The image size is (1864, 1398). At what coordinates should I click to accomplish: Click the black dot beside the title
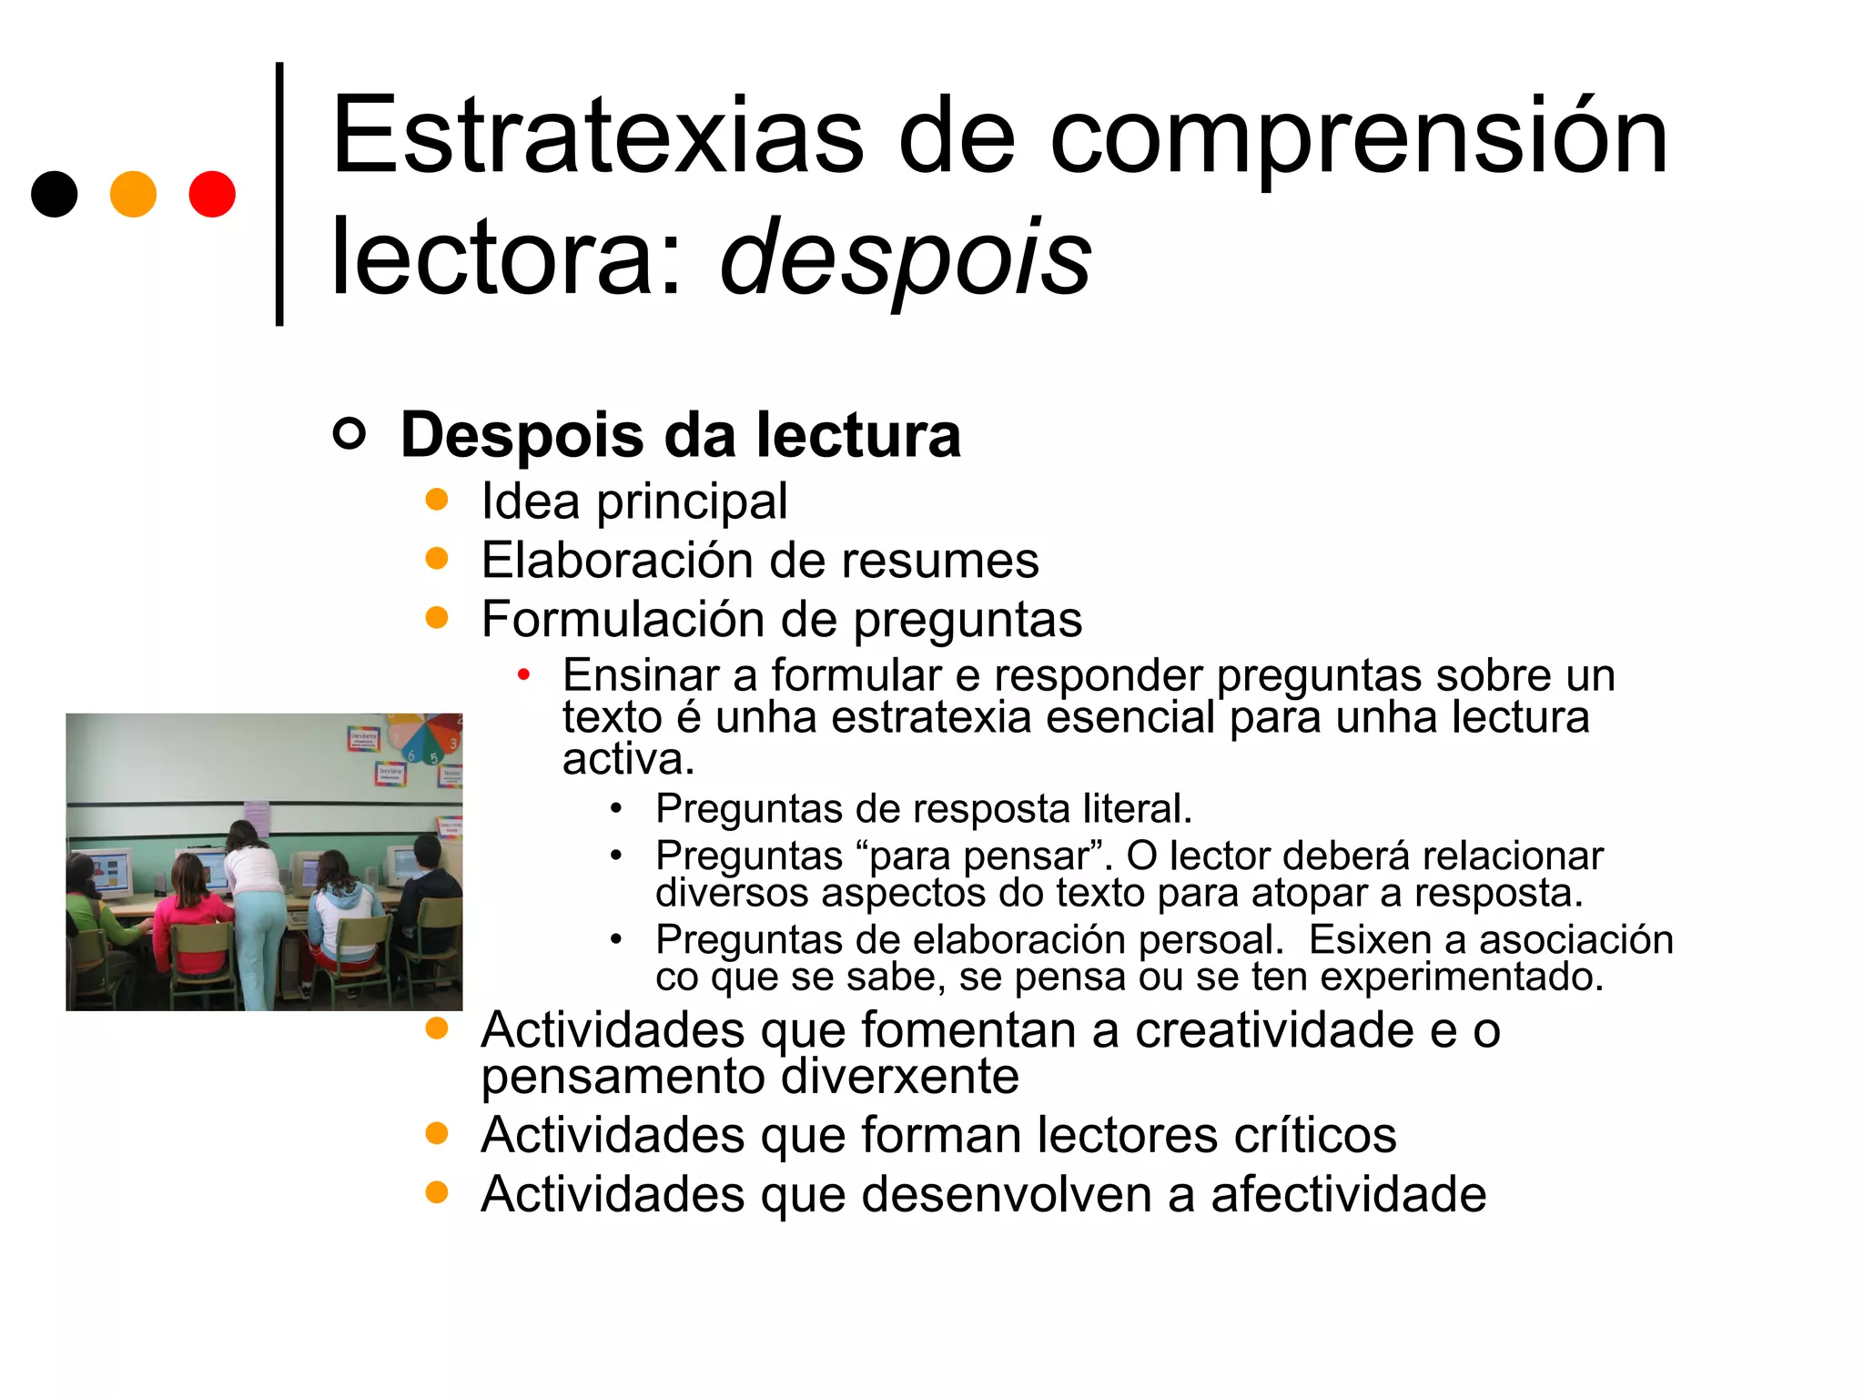coord(54,194)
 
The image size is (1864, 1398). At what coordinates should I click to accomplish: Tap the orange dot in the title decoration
coord(133,194)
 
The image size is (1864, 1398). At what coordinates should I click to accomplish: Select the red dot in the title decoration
coord(212,194)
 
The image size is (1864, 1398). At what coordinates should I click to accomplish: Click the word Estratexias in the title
coord(597,137)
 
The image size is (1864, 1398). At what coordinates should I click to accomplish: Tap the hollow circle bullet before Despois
coord(349,433)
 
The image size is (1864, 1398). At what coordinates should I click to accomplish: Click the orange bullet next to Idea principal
coord(437,499)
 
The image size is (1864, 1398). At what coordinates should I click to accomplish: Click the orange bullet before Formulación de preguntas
coord(437,618)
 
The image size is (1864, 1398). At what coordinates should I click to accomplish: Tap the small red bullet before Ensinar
coord(523,674)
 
